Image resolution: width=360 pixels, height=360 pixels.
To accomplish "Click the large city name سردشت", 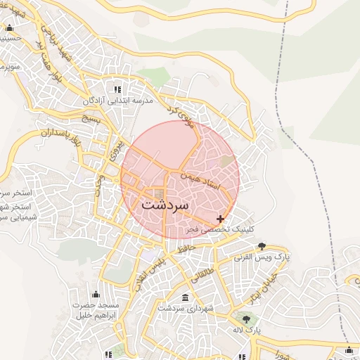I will click(165, 205).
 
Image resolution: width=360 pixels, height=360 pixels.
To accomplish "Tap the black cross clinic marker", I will click(221, 219).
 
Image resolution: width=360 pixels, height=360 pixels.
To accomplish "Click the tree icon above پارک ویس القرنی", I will click(262, 245).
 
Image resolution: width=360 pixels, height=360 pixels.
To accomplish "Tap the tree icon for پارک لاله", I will click(245, 319).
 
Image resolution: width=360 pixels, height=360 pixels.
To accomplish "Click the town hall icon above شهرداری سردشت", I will click(185, 297).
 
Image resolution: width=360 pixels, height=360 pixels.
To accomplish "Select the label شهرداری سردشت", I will click(185, 309).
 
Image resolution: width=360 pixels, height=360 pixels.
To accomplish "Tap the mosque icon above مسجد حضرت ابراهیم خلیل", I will click(96, 294).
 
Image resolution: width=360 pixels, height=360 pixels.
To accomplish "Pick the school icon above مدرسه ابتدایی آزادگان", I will click(117, 89).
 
